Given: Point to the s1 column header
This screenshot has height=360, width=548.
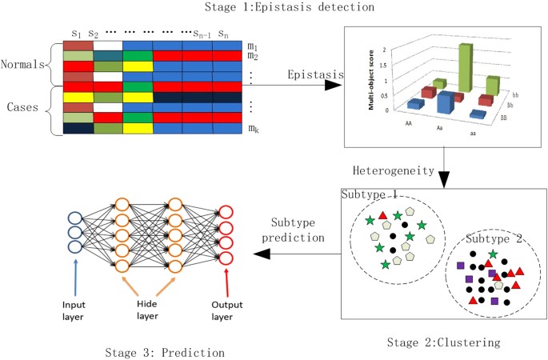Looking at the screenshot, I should coord(76,34).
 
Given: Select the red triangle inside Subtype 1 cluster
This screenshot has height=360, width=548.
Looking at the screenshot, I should coord(382,214).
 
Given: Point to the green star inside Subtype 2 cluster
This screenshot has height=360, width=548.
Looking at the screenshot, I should coord(492,254).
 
